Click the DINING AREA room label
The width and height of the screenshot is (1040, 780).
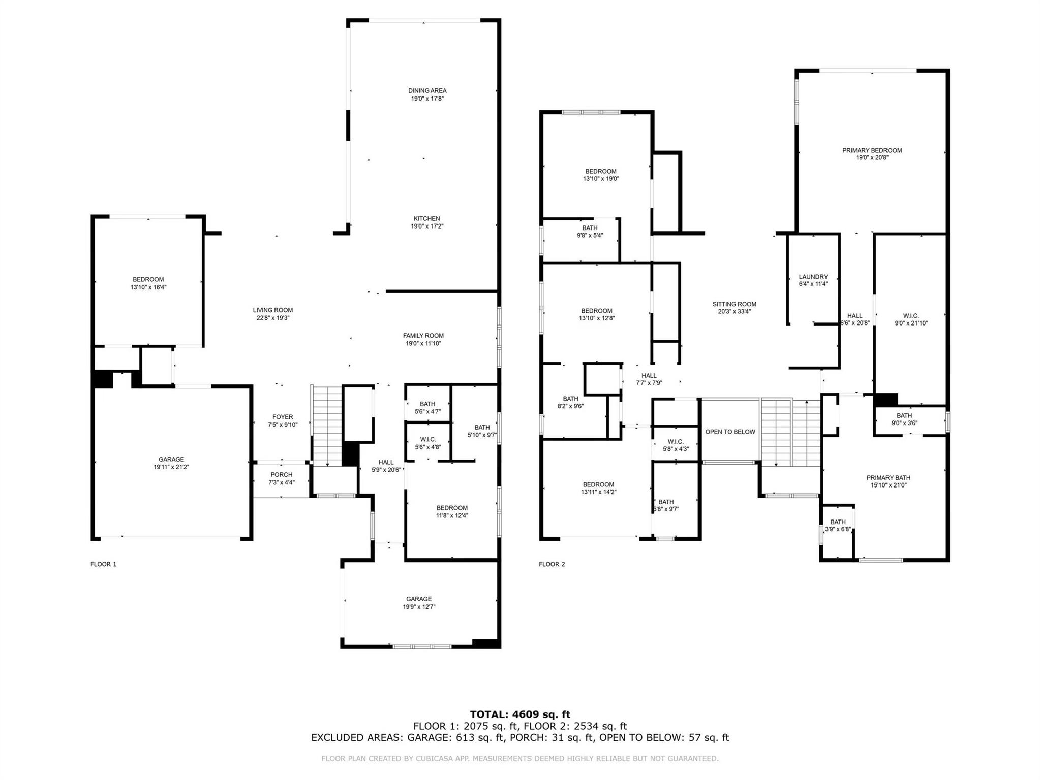tap(427, 90)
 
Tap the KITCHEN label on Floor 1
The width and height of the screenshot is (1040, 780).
tap(426, 219)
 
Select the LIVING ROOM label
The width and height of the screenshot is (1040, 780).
tap(273, 310)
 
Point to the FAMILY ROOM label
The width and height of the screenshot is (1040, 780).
tap(423, 336)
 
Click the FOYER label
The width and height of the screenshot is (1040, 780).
tap(283, 417)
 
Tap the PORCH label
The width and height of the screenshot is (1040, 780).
tap(281, 475)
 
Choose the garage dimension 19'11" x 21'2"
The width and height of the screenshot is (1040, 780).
tap(171, 467)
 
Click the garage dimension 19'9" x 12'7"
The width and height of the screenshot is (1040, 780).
tap(418, 607)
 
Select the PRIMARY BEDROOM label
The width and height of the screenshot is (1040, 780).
tap(872, 150)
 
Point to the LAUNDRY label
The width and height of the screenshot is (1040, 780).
tap(813, 277)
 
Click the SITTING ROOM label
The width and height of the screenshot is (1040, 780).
tap(734, 304)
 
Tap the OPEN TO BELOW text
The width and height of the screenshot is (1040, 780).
tap(730, 432)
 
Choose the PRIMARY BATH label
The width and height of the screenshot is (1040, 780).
tap(888, 477)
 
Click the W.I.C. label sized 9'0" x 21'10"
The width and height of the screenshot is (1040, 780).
tap(911, 316)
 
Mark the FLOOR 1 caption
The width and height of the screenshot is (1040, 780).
tap(103, 564)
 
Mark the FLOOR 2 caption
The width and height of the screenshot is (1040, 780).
tap(552, 564)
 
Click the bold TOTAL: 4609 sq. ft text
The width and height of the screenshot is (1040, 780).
tap(519, 714)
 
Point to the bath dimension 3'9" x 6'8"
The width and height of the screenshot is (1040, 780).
tap(838, 529)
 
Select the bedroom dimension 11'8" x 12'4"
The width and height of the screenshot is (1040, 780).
tap(452, 515)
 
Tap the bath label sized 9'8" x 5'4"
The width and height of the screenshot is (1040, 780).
tap(590, 228)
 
